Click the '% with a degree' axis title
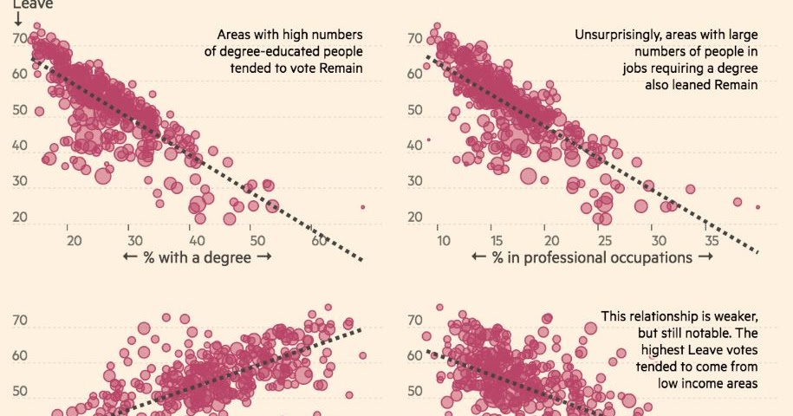point(197,257)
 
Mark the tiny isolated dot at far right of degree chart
point(362,207)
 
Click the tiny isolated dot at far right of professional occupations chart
point(757,207)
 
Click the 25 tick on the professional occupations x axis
point(604,240)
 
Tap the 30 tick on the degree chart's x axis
point(130,240)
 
